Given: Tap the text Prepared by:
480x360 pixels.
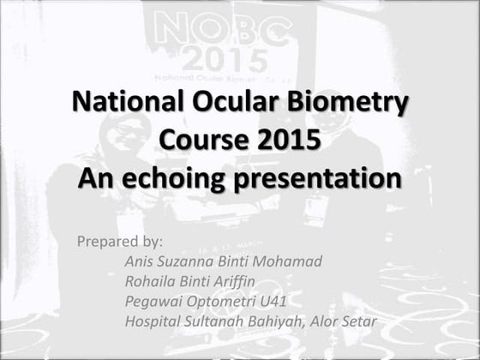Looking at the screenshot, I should pos(119,241).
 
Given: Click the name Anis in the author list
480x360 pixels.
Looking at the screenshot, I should pos(140,261).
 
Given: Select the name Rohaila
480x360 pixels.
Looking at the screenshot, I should pos(152,281).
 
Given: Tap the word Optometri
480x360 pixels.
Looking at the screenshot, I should pos(219,302).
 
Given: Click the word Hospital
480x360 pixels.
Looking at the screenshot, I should pos(153,322).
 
